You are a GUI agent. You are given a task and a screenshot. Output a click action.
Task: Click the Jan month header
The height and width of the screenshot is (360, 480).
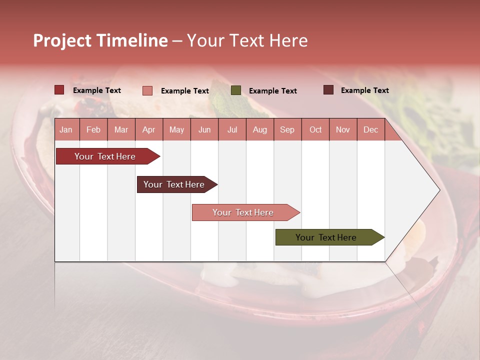point(66,129)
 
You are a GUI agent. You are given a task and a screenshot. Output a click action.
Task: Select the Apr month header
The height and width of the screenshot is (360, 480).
point(149,129)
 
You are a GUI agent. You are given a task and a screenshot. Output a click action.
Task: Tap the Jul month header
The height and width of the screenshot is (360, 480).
point(232,129)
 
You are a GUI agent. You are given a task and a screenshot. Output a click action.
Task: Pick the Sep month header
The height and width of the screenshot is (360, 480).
point(287,129)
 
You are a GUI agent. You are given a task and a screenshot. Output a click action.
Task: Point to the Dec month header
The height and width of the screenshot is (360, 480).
point(370,129)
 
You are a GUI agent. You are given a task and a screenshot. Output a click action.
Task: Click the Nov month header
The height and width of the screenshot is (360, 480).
point(342,129)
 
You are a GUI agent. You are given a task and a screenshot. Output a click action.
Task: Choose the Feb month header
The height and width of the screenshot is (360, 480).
point(93,129)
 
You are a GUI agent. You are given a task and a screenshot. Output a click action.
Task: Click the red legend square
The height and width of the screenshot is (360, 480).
point(59,90)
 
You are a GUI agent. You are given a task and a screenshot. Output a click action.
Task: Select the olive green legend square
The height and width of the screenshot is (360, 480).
point(236,90)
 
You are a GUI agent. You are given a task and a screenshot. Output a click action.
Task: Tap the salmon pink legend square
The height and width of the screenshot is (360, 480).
point(147,90)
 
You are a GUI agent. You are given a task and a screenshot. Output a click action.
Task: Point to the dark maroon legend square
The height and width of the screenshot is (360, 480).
point(328,90)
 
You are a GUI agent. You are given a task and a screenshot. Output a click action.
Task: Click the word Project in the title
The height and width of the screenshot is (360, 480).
point(62,40)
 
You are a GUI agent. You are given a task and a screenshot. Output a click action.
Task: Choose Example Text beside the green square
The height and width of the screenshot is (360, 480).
point(272,91)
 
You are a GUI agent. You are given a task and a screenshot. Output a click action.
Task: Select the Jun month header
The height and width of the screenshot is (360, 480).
point(204,129)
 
